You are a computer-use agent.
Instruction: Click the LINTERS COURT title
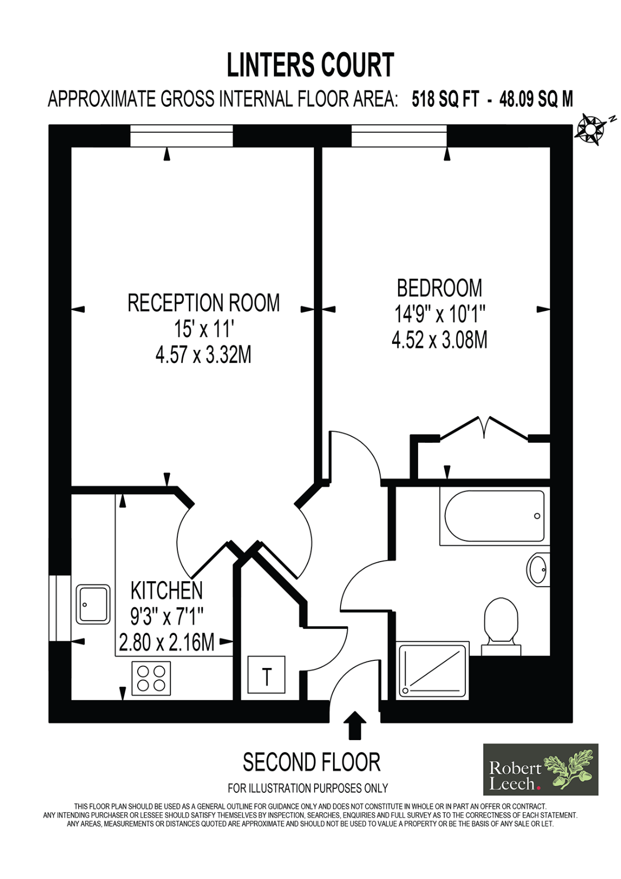pyautogui.click(x=310, y=65)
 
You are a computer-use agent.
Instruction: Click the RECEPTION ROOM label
pyautogui.click(x=203, y=303)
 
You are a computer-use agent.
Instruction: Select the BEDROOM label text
pyautogui.click(x=439, y=288)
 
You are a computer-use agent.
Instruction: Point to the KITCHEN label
pyautogui.click(x=167, y=590)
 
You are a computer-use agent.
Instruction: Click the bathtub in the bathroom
pyautogui.click(x=494, y=516)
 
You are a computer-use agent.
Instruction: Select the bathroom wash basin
pyautogui.click(x=538, y=569)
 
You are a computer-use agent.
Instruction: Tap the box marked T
pyautogui.click(x=266, y=674)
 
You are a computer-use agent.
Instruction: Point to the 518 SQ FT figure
pyautogui.click(x=445, y=99)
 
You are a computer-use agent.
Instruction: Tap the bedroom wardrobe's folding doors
pyautogui.click(x=484, y=428)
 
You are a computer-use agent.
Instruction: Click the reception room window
pyautogui.click(x=181, y=136)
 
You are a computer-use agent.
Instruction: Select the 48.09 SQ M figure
pyautogui.click(x=536, y=99)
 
